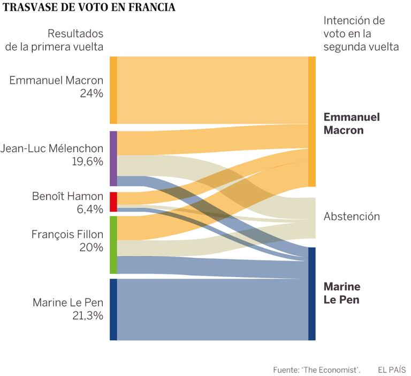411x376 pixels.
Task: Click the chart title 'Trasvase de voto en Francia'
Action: [x=89, y=8]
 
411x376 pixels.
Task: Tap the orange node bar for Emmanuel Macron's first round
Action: [x=113, y=89]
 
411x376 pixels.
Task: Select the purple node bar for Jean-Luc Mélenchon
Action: [x=113, y=158]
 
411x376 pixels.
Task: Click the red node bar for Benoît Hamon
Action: [x=113, y=202]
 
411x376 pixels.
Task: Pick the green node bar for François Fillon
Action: [x=113, y=244]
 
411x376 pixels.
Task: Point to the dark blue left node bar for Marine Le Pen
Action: [x=113, y=309]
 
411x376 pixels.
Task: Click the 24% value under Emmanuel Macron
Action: [x=92, y=94]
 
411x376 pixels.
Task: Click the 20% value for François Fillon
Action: [x=92, y=247]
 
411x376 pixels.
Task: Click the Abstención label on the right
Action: [x=352, y=217]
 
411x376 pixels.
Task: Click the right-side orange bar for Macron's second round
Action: [x=312, y=121]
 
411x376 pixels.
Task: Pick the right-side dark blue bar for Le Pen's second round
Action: [x=312, y=293]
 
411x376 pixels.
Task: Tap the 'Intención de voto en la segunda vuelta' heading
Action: [x=361, y=34]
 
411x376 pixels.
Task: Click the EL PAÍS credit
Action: [x=391, y=370]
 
